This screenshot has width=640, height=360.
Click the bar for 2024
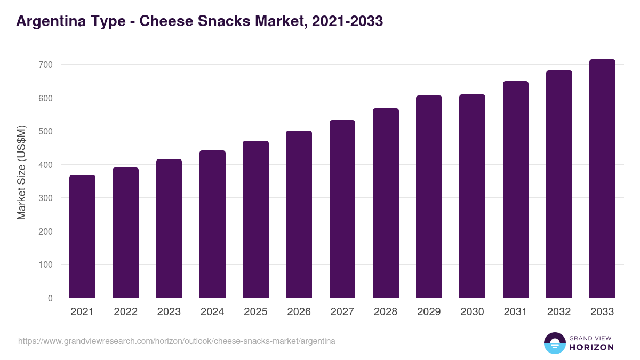pos(212,224)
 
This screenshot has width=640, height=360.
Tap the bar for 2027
pos(342,209)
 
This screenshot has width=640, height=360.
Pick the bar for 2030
pos(472,196)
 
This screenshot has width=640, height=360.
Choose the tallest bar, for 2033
pos(602,179)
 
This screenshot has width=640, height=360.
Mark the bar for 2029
pos(429,197)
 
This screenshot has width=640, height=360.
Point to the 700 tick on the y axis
pos(45,65)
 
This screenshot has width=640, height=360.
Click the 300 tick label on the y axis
pos(45,198)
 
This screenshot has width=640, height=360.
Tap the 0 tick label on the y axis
pos(50,298)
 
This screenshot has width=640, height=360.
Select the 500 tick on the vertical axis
pos(45,131)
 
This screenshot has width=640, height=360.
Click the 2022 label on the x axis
pos(125,312)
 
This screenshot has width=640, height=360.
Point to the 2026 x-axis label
pos(299,312)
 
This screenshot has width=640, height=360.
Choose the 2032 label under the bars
pos(559,312)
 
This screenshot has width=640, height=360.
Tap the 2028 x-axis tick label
pos(386,312)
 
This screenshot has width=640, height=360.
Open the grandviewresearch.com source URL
pos(177,341)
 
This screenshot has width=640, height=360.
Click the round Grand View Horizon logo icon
pos(555,343)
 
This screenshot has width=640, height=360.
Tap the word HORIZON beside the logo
pos(591,347)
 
